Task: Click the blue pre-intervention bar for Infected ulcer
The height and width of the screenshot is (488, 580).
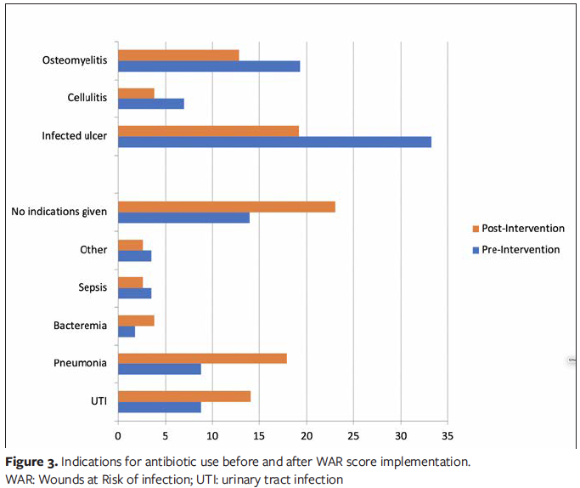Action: coord(274,142)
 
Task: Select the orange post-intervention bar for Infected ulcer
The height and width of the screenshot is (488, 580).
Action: coord(208,130)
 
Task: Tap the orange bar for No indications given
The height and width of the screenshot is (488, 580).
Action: coord(226,207)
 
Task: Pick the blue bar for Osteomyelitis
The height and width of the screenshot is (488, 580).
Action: coord(208,66)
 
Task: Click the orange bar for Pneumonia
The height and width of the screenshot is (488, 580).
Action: coord(202,358)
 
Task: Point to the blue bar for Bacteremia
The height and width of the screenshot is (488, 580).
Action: coord(126,332)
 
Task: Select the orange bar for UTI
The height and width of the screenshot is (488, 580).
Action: coord(183,395)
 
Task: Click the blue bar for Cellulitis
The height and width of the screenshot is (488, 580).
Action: coord(150,104)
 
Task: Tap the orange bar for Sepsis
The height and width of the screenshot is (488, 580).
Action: coord(130,282)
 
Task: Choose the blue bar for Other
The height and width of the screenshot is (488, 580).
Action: coord(134,256)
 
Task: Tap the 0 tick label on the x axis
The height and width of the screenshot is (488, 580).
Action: coord(118,435)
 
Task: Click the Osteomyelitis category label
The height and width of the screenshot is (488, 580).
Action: coord(75,60)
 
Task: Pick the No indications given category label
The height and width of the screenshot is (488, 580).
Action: coord(59,212)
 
